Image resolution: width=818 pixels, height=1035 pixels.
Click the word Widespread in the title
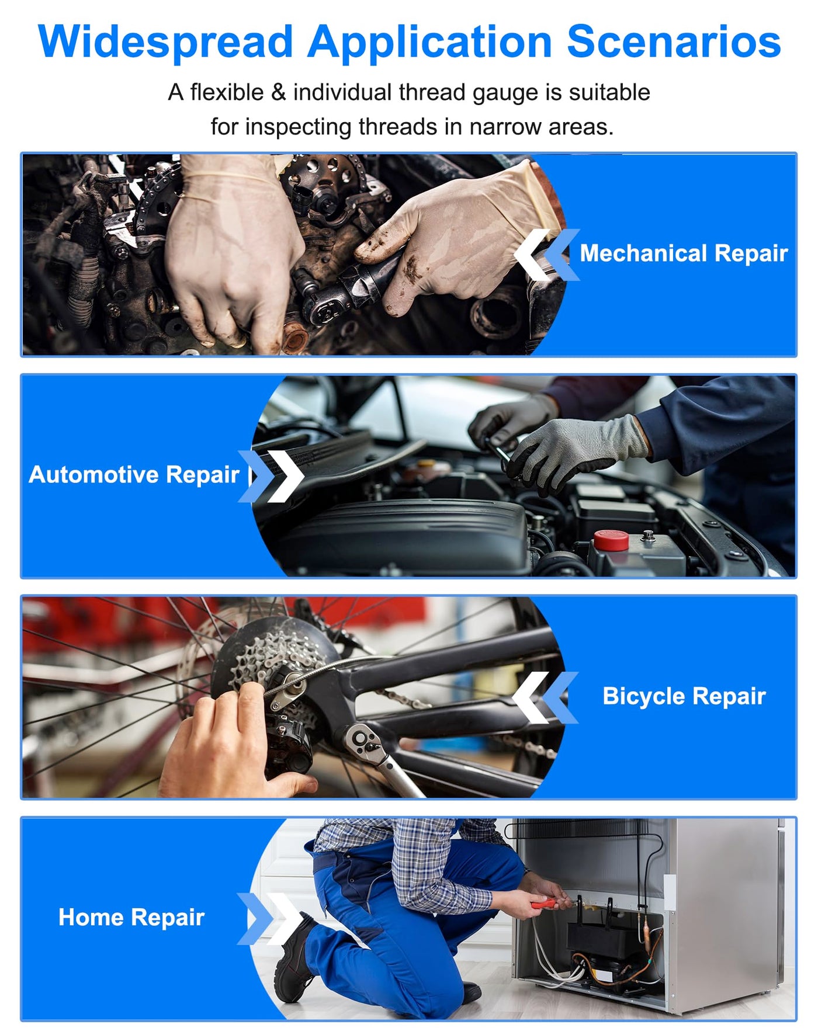coord(165,42)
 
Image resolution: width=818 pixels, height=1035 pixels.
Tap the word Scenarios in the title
coord(674,42)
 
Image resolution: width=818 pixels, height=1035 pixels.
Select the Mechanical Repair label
coord(684,253)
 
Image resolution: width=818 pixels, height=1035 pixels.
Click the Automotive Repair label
coord(134,475)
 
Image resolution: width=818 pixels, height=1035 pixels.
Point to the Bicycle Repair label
coord(684,696)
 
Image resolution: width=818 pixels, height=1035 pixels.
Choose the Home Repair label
coord(131,918)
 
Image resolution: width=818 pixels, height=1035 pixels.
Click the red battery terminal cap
coord(611,540)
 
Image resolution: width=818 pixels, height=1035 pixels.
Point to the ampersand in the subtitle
coord(278,93)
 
